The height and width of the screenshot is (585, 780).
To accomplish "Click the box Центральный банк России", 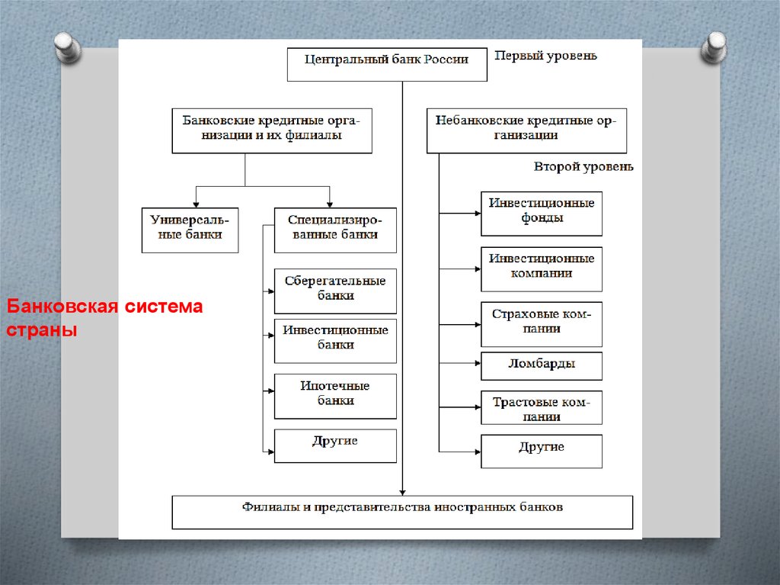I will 387,65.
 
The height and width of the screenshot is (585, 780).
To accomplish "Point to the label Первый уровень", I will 545,56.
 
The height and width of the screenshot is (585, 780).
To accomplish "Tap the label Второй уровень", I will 583,166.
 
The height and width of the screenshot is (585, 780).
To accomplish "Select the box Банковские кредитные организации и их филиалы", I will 272,131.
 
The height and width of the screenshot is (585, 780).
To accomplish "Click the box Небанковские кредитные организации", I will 526,131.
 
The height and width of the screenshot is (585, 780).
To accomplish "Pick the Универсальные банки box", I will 190,230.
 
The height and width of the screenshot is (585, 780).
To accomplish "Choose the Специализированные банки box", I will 335,230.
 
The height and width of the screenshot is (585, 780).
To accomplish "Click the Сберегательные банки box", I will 335,291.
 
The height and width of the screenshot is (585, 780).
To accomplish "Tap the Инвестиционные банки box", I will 335,340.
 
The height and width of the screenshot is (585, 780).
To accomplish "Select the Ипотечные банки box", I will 335,396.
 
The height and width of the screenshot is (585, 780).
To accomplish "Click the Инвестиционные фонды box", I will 542,214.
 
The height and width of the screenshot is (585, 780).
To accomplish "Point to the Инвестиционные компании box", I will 542,268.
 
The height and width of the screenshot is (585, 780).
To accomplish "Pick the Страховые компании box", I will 542,324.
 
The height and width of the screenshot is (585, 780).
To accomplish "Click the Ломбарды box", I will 542,366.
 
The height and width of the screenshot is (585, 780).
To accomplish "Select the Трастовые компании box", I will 542,407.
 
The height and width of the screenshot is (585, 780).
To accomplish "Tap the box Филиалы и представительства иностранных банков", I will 402,512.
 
